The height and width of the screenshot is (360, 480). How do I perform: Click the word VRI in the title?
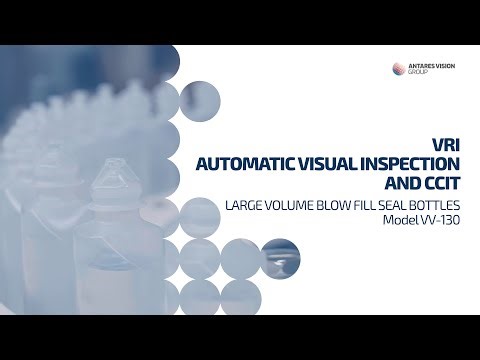tap(447, 141)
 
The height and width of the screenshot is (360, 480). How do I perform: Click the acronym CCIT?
tap(440, 182)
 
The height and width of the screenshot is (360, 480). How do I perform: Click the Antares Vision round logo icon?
tap(400, 68)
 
